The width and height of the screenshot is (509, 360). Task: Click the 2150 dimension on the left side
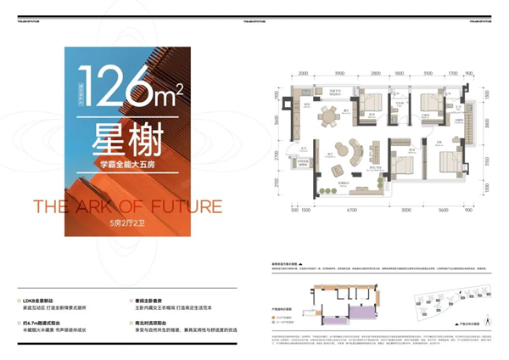tap(277, 186)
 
